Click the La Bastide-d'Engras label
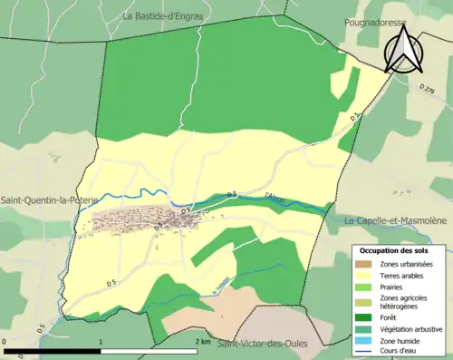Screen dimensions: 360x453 (x=164, y=15)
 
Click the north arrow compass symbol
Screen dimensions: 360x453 (x=400, y=50)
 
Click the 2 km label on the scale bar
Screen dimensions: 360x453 (x=202, y=343)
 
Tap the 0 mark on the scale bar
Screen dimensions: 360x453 (x=6, y=343)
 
